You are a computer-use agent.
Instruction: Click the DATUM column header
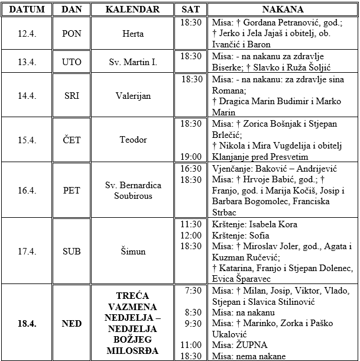point(27,9)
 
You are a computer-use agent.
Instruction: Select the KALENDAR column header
point(132,9)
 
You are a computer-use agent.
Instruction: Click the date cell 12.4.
point(27,34)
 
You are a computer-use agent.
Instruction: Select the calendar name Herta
point(132,34)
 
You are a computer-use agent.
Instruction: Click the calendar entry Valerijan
point(132,95)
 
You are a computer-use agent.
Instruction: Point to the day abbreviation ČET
point(72,140)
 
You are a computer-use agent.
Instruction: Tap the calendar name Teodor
point(132,140)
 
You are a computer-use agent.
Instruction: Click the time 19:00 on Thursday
point(191,156)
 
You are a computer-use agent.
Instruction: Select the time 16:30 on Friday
point(191,168)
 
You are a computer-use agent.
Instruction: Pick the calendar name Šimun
point(132,252)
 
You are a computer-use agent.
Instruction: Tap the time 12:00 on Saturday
point(191,235)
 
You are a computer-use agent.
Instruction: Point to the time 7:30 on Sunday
point(193,291)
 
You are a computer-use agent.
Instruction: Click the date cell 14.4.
point(27,95)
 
